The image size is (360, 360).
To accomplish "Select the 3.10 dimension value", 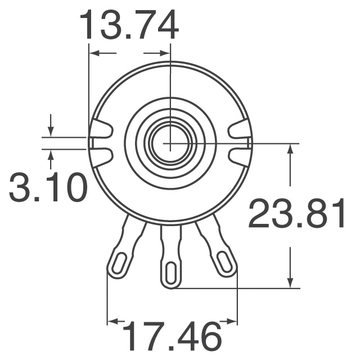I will click(x=48, y=188).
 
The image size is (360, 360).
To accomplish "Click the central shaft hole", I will click(x=169, y=143).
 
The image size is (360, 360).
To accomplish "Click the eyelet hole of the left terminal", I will click(x=119, y=263).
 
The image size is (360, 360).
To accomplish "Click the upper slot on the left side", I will click(x=101, y=131).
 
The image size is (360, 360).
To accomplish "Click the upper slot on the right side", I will click(x=239, y=131).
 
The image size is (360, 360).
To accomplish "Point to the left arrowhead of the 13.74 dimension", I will click(x=94, y=53).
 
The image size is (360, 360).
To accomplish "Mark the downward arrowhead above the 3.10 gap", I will click(x=51, y=132).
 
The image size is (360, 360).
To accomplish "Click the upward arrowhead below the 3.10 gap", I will click(x=51, y=154).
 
